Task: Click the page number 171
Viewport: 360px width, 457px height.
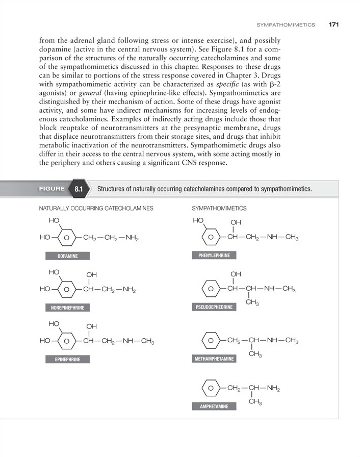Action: (x=334, y=24)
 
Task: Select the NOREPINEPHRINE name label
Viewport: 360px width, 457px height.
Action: (x=67, y=308)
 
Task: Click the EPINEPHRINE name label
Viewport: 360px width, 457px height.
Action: (x=67, y=359)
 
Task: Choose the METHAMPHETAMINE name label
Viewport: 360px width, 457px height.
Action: (x=215, y=359)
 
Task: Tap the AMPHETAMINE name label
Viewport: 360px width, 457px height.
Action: (x=210, y=407)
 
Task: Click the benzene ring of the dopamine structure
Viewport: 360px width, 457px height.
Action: (x=67, y=238)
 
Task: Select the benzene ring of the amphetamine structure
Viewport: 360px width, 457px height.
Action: (x=210, y=389)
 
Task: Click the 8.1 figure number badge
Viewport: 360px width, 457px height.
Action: (x=79, y=189)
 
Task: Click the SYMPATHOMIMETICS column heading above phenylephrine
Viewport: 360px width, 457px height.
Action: (x=219, y=208)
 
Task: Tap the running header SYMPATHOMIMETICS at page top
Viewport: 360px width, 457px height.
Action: (x=286, y=24)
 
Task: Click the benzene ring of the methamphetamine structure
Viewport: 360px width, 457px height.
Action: (x=210, y=340)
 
